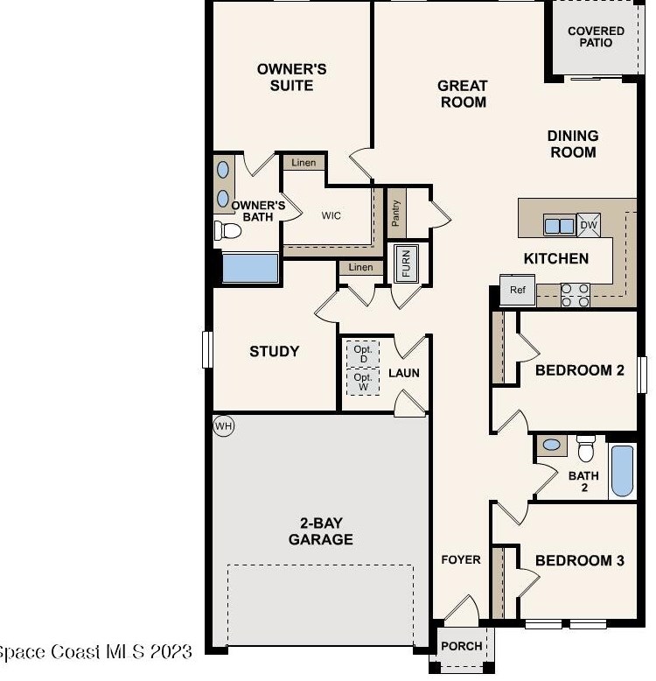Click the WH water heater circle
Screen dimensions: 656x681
[x=224, y=426]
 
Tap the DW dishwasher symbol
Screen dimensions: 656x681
[x=589, y=225]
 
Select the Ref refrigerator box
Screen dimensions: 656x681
[x=517, y=290]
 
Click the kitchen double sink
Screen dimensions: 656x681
[x=560, y=226]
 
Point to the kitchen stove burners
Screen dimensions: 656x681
[x=576, y=295]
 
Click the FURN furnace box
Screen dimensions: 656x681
[x=407, y=263]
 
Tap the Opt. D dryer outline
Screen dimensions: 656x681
[x=363, y=354]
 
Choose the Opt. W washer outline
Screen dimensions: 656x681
[x=363, y=382]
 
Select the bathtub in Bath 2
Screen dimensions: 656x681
[x=622, y=471]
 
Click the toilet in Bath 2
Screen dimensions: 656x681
[x=586, y=449]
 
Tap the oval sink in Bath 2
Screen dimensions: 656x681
[x=551, y=445]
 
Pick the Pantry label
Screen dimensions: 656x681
[x=395, y=214]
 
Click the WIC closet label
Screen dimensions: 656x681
[x=331, y=215]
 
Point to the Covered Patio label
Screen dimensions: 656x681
[x=596, y=37]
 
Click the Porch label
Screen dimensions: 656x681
[x=462, y=646]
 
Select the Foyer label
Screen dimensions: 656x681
[x=461, y=559]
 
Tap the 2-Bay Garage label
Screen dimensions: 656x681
[x=321, y=530]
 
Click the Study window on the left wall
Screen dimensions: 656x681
[x=208, y=349]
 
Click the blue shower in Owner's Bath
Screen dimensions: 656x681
[x=250, y=268]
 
